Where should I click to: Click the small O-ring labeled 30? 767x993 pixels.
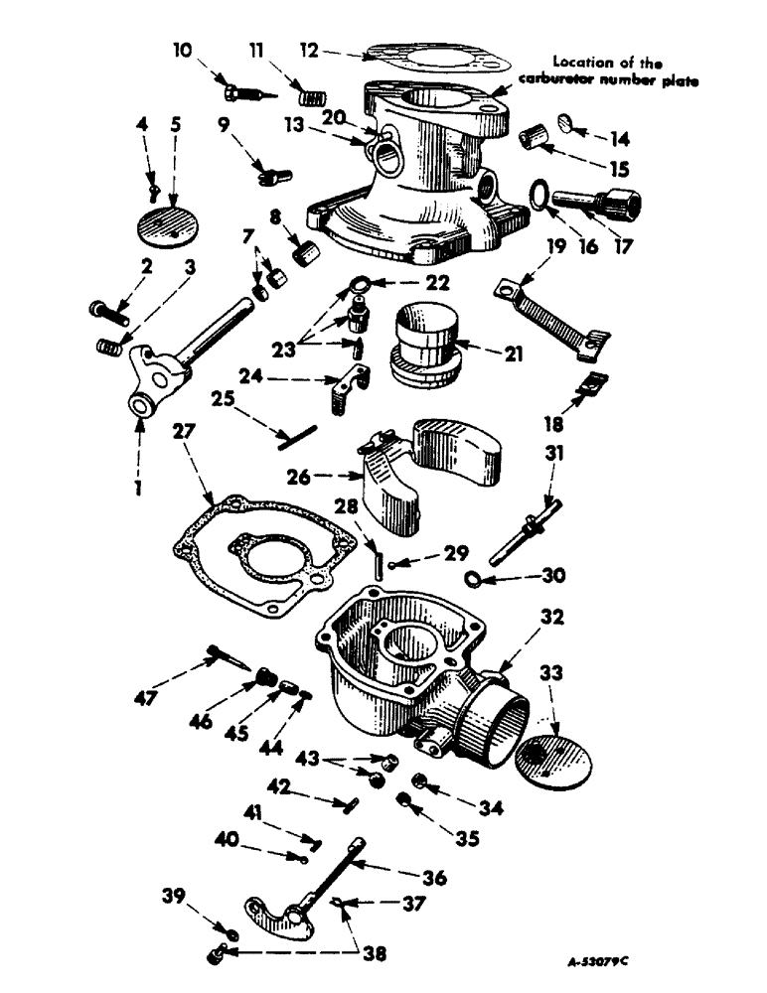[474, 579]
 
